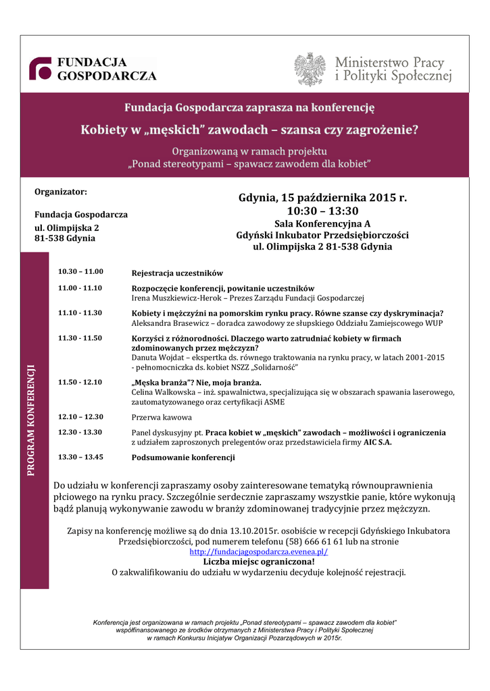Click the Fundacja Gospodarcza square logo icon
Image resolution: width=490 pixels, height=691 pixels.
click(41, 69)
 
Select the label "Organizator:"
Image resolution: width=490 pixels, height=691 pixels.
click(61, 192)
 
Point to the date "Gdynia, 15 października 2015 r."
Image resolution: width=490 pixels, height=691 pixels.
click(322, 198)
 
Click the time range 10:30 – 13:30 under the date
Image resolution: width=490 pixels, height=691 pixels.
click(322, 211)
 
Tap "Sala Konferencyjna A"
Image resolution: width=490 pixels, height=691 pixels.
click(322, 223)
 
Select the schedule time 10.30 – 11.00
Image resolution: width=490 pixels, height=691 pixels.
click(80, 271)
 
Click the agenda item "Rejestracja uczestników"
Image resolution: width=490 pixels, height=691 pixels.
click(177, 273)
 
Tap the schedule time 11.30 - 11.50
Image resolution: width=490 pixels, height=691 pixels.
click(80, 337)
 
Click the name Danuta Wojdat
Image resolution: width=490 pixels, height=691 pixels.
click(158, 357)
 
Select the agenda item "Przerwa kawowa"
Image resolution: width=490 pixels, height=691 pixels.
click(162, 417)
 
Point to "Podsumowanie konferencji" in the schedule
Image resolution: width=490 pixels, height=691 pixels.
click(183, 458)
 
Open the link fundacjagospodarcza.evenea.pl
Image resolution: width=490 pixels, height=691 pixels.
click(259, 551)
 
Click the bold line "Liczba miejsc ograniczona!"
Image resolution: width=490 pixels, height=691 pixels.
click(259, 561)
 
